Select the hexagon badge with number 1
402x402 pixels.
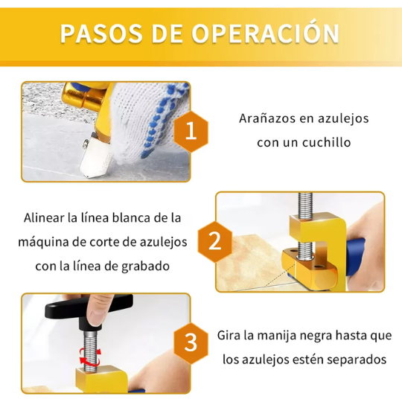pos(191,132)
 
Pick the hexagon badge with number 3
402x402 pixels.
pos(191,343)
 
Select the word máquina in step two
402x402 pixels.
pos(42,242)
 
